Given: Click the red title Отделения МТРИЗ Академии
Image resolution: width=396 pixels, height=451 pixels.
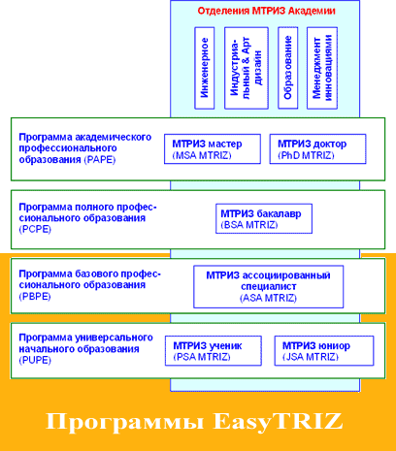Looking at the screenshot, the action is [266, 11].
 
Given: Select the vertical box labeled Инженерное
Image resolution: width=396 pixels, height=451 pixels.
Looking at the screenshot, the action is [205, 68].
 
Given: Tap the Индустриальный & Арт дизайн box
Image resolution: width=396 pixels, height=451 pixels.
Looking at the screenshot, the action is [247, 68].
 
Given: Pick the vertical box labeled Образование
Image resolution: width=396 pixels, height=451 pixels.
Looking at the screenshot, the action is [288, 68].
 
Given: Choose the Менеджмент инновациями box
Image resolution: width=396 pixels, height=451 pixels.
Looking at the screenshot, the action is [322, 68].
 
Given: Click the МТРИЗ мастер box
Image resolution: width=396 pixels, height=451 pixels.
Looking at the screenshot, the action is [213, 149].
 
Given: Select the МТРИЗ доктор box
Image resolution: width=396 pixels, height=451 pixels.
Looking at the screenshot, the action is [317, 149].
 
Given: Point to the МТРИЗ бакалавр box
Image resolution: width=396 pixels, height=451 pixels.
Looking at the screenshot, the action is [264, 218].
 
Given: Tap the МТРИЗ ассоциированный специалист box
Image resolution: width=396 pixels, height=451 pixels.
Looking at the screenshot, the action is [269, 287].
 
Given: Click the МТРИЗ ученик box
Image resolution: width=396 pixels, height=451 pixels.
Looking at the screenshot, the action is [214, 351].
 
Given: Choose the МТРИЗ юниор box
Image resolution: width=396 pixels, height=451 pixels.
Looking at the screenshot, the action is [324, 351].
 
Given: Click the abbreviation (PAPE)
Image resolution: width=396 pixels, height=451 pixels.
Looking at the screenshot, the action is [100, 160].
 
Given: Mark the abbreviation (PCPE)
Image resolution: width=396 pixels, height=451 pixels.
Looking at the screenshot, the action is [35, 230].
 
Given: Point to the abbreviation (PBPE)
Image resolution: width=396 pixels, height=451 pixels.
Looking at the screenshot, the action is [35, 297].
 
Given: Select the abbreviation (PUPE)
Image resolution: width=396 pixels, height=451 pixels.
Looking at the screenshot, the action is [35, 360].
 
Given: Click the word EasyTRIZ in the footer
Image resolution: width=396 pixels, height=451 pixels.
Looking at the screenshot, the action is [278, 422].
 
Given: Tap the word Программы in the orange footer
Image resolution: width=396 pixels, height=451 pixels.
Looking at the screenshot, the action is [125, 422].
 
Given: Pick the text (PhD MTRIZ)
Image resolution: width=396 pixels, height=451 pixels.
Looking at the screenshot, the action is [306, 155].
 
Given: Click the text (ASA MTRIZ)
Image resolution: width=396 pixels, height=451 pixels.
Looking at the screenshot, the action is [268, 298].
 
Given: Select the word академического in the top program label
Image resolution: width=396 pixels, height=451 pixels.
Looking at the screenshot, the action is [114, 138].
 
